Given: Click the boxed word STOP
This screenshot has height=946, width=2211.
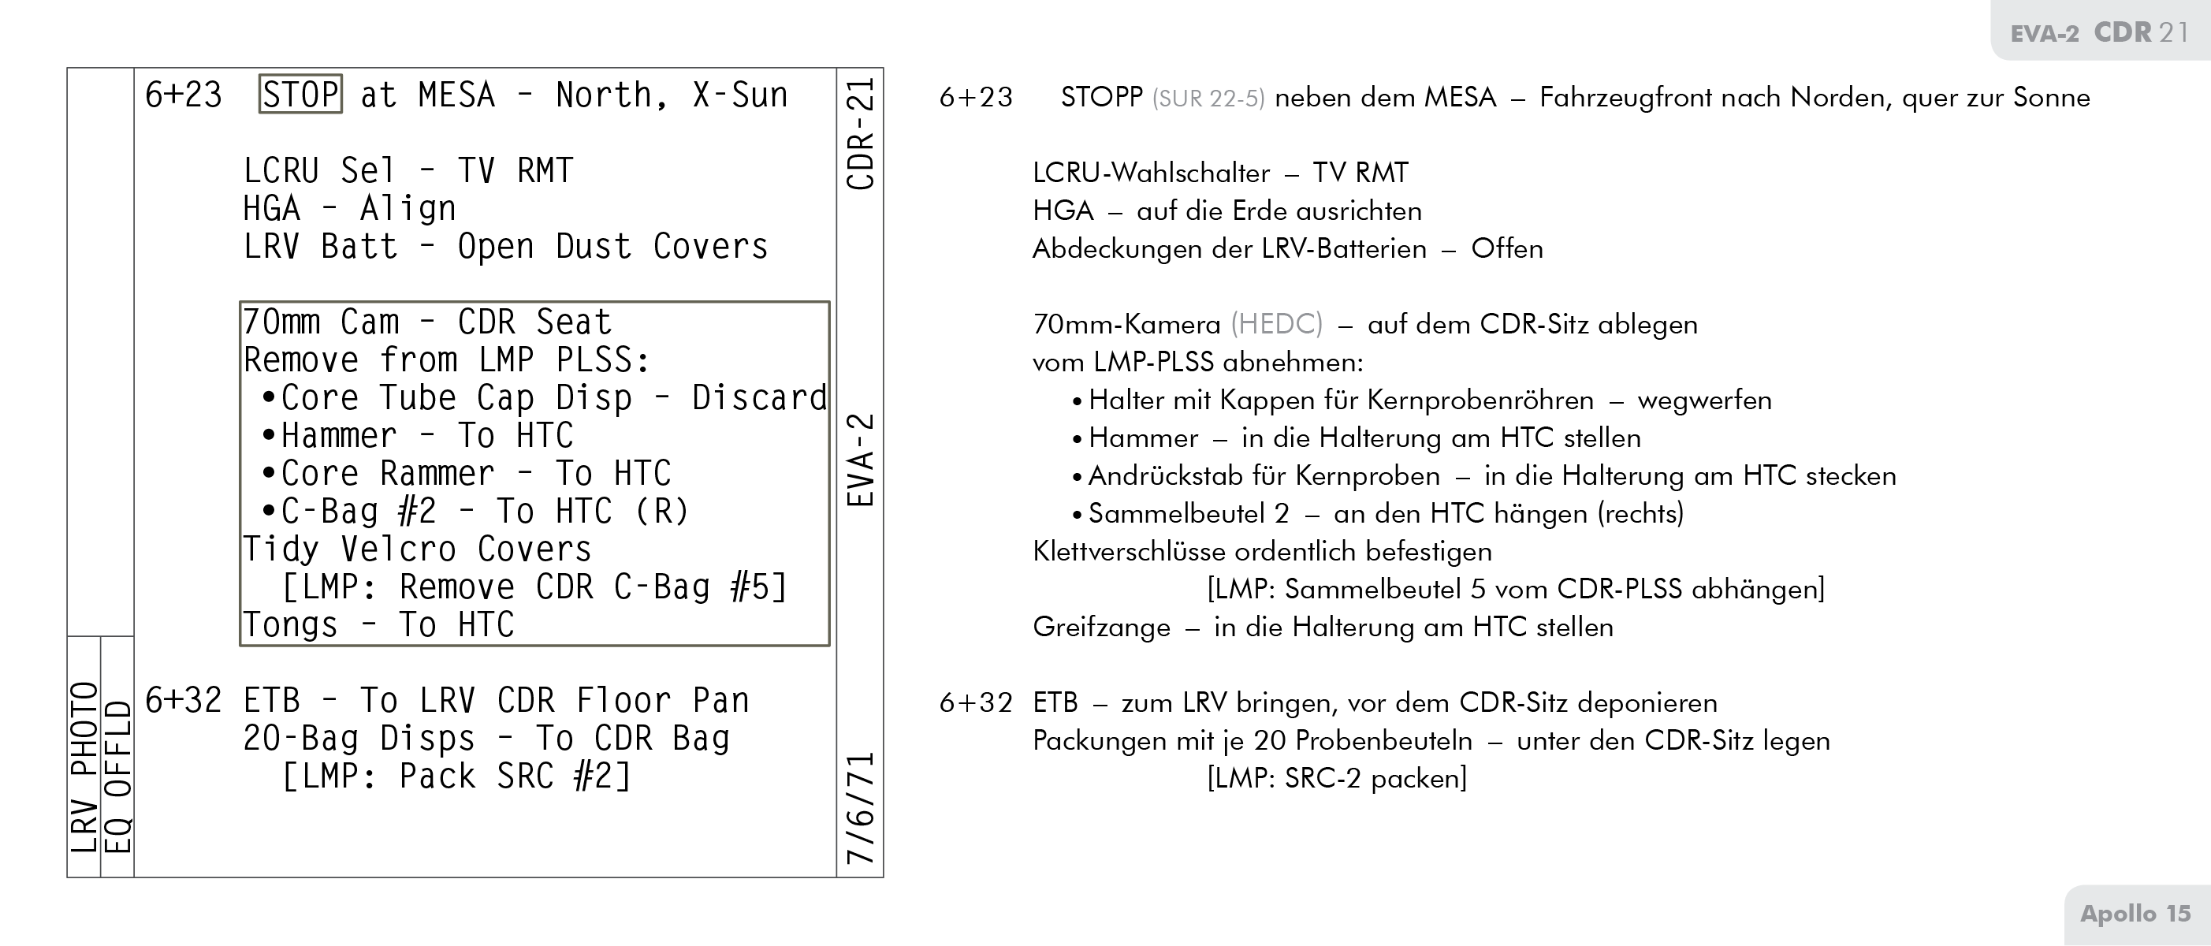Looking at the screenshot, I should tap(300, 95).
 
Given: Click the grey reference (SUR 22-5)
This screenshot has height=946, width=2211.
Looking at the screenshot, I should tap(1208, 99).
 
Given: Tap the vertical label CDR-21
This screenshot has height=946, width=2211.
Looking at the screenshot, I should tap(860, 134).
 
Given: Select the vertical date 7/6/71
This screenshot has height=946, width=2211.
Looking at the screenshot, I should tap(860, 808).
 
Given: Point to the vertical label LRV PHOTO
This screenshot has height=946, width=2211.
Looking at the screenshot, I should tap(84, 766).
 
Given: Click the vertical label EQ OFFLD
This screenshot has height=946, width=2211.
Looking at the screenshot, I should tap(117, 777).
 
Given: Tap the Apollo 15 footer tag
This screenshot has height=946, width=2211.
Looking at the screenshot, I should tap(2135, 914).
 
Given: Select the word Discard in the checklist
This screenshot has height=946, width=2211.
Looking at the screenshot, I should tap(759, 398).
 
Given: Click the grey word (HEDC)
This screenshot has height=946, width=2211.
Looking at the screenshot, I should tap(1276, 325).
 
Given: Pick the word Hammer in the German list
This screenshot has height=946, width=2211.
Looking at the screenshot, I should tap(1143, 438).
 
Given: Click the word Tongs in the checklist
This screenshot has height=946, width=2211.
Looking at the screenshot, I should tap(290, 625).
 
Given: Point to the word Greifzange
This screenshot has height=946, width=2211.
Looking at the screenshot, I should tap(1101, 628).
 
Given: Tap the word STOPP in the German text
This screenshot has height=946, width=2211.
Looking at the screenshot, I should tap(1101, 98).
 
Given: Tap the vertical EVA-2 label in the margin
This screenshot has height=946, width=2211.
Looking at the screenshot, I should tap(860, 460).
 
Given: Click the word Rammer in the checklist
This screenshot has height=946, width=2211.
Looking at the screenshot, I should tap(437, 474).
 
